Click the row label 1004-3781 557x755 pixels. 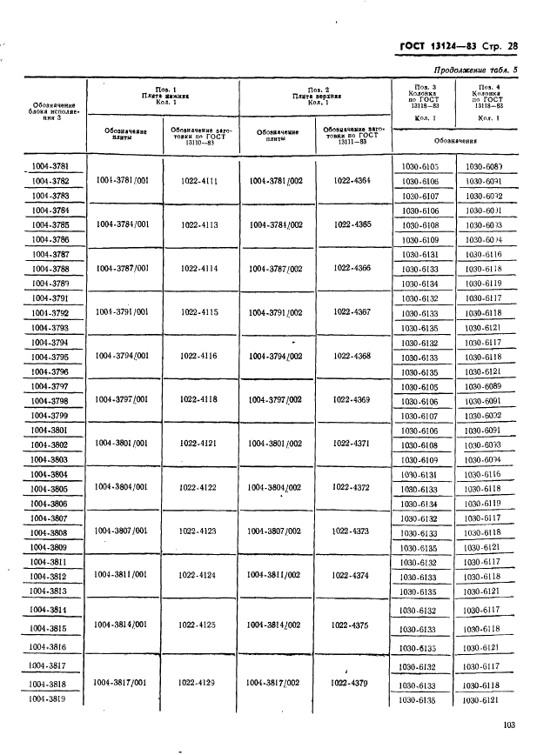coord(50,166)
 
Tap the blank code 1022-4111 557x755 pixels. coord(199,181)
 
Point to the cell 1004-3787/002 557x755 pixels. coord(276,268)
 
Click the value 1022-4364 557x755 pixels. coord(352,180)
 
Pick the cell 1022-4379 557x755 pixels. coord(351,684)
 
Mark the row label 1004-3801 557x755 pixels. coord(50,430)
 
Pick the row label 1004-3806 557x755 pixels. coord(50,504)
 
